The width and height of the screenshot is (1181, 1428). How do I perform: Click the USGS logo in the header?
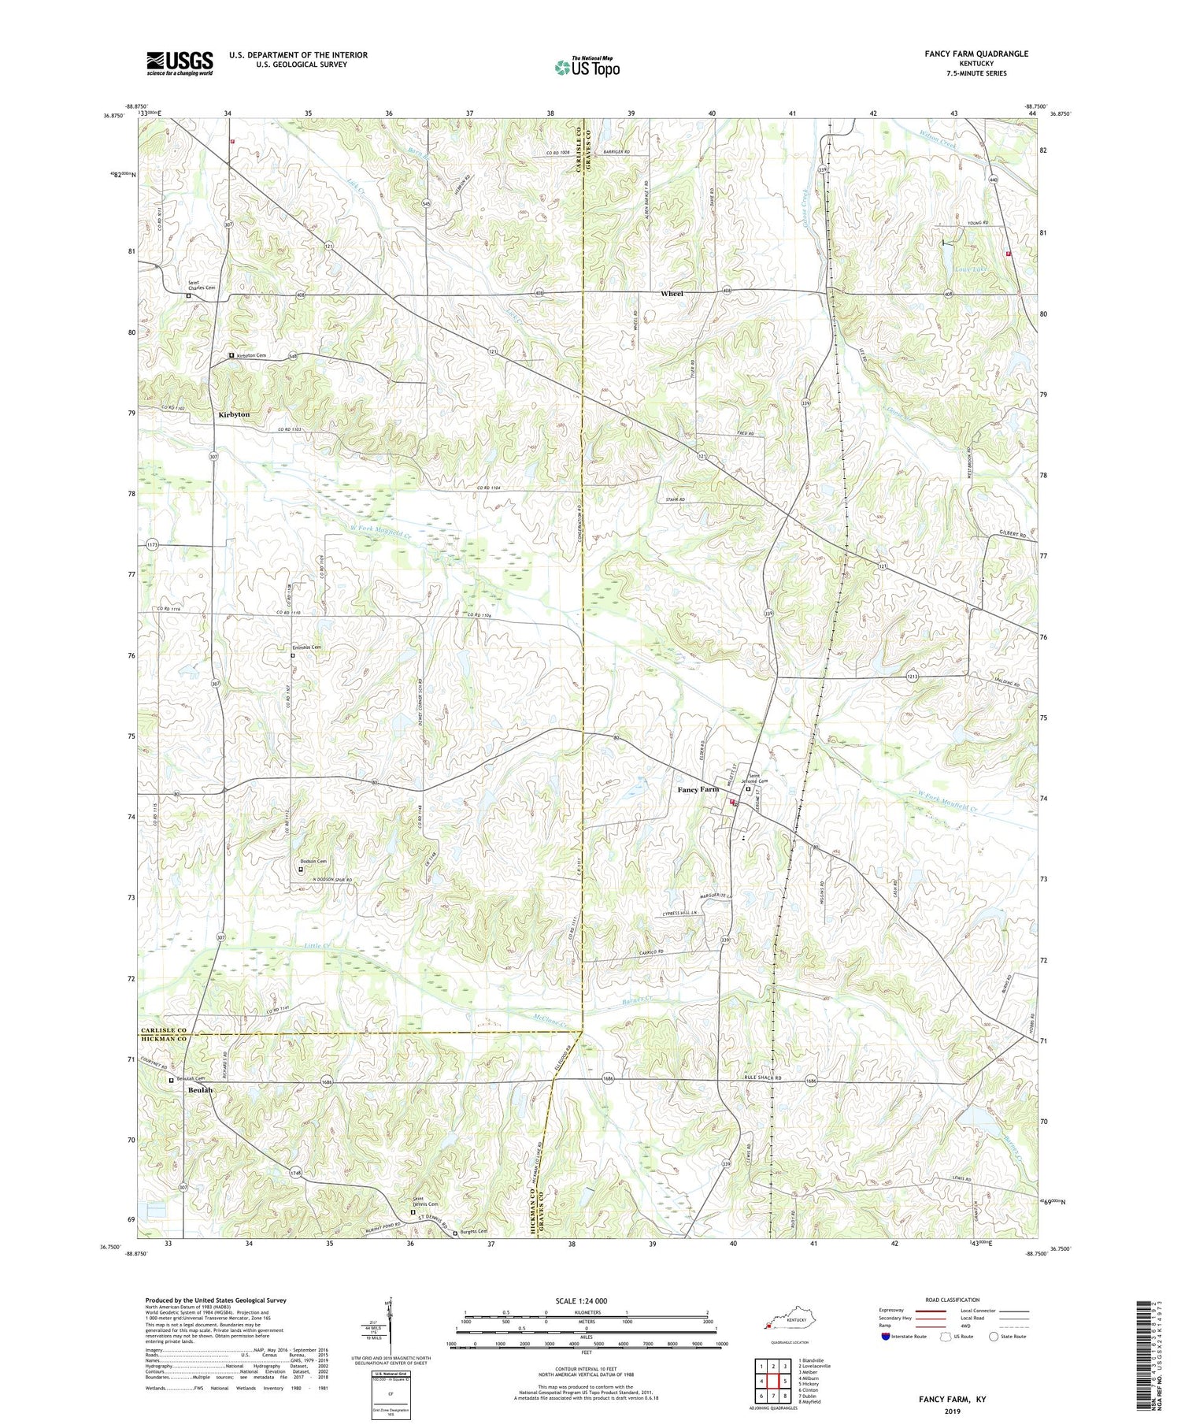click(180, 63)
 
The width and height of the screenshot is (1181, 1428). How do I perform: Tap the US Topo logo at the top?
click(587, 67)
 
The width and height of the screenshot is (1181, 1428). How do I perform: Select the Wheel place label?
click(672, 293)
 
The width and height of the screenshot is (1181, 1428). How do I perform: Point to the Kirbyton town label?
click(234, 414)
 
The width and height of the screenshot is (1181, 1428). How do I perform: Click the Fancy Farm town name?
click(698, 788)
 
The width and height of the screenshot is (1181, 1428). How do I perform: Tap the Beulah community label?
click(200, 1090)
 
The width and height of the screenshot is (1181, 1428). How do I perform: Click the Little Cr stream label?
click(317, 946)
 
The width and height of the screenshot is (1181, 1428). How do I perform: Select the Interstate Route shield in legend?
click(886, 1337)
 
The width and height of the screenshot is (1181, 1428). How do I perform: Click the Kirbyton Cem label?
click(251, 356)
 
